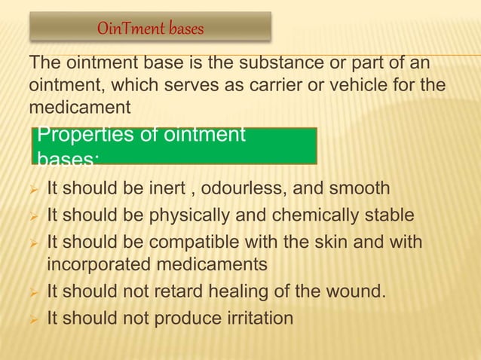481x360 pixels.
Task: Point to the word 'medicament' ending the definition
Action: click(x=80, y=108)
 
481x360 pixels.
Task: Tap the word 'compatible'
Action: click(x=191, y=243)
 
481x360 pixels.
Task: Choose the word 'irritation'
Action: click(x=257, y=318)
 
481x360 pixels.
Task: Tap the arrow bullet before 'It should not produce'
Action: click(x=33, y=319)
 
